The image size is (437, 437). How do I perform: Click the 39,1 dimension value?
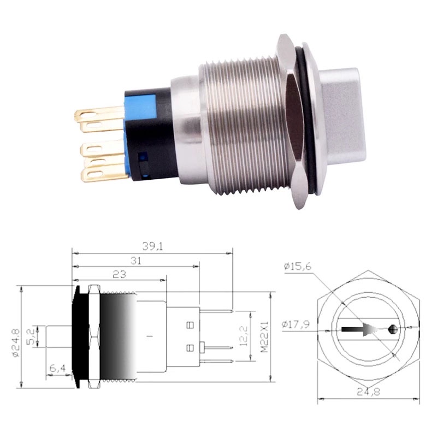pyautogui.click(x=152, y=247)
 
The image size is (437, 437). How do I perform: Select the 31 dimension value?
pyautogui.click(x=136, y=261)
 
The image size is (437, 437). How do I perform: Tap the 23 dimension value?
pyautogui.click(x=120, y=275)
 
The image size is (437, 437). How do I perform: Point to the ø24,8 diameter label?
pyautogui.click(x=15, y=339)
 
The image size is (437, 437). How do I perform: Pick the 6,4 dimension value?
pyautogui.click(x=58, y=369)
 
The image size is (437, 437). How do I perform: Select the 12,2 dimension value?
pyautogui.click(x=244, y=336)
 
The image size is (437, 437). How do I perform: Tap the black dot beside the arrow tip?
pyautogui.click(x=393, y=329)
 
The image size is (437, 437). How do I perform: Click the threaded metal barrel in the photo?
pyautogui.click(x=240, y=126)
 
